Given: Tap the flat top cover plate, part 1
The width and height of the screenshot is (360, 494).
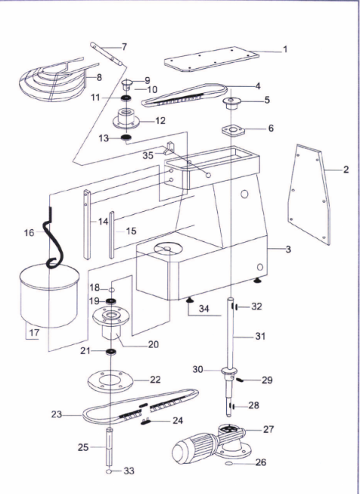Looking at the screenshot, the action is pos(212,59).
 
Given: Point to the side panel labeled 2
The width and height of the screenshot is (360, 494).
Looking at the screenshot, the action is pos(309,194).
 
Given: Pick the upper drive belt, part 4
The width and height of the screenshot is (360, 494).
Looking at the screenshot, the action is pos(185,95).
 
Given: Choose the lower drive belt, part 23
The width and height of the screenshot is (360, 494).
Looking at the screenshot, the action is pos(141,407).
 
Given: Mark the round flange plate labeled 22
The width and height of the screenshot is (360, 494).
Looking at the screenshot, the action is pos(110,381).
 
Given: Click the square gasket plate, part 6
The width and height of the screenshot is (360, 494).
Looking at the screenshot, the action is pos(234,131).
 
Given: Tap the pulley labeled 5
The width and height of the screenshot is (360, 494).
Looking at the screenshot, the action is pos(231,104).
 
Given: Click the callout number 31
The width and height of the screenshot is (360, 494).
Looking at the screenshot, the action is pos(260,336).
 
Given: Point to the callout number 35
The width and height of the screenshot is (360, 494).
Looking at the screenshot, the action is pos(148,155).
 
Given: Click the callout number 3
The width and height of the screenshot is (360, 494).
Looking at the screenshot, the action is pos(288,249).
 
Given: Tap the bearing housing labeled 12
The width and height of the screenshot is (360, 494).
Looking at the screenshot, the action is pos(126,119).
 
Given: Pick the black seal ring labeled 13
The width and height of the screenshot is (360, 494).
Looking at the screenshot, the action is pos(126,137).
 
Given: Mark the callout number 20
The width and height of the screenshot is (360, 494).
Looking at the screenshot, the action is pos(154,344).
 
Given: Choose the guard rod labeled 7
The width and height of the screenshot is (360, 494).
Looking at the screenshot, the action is pos(107,54).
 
